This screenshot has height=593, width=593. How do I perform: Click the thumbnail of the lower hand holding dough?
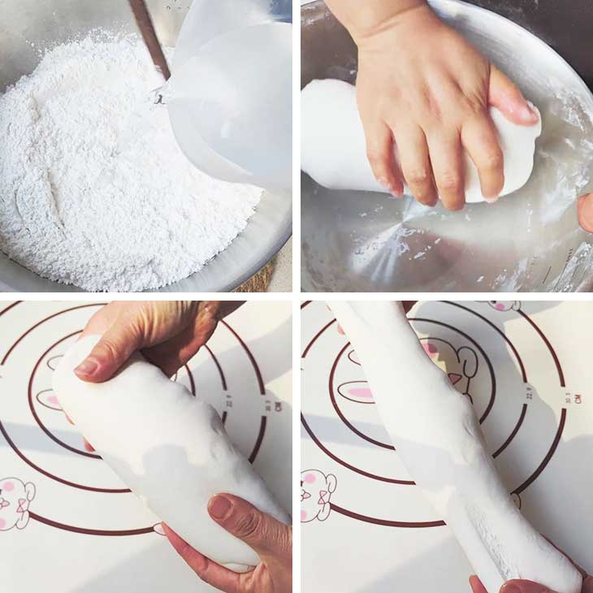pyautogui.click(x=220, y=508)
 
